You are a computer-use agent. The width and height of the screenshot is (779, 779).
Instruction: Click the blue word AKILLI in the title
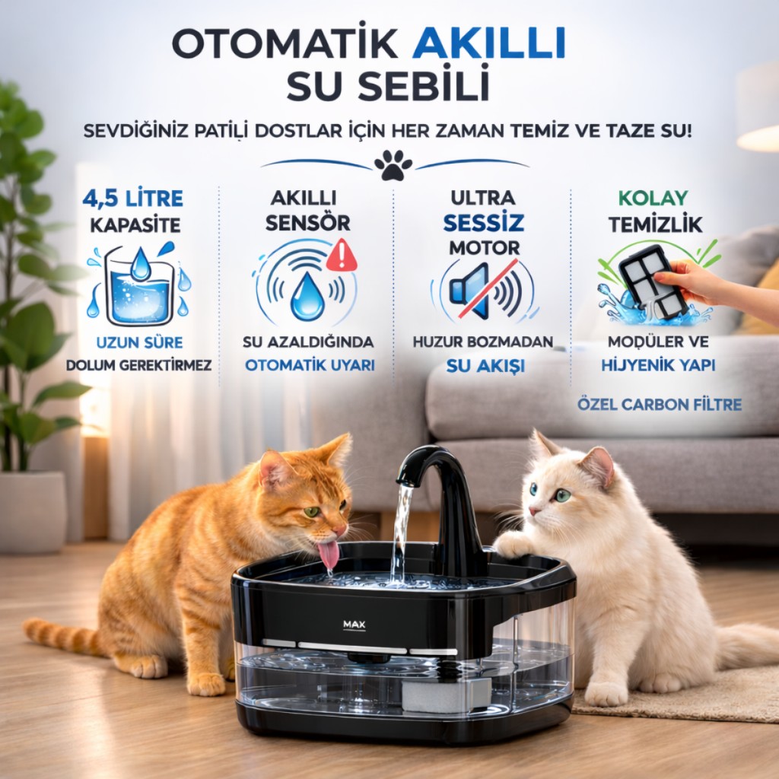point(489,43)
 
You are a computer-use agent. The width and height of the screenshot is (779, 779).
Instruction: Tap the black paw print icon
point(393,165)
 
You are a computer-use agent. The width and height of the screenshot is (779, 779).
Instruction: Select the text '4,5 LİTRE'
point(132,199)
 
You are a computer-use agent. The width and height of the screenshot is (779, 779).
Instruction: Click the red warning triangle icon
point(342,255)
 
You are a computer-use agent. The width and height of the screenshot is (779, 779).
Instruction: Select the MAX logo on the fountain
point(355,625)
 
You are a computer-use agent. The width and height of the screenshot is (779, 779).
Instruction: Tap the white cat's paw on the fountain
point(514,545)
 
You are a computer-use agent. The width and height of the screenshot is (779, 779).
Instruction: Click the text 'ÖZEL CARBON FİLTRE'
point(660,405)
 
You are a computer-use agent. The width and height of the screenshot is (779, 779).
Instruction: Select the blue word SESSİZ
point(483,223)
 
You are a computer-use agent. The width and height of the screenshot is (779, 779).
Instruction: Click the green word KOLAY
point(653,199)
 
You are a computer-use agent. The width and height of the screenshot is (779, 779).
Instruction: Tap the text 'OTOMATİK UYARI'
point(310,365)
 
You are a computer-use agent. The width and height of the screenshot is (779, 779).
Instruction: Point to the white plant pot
point(33,512)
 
